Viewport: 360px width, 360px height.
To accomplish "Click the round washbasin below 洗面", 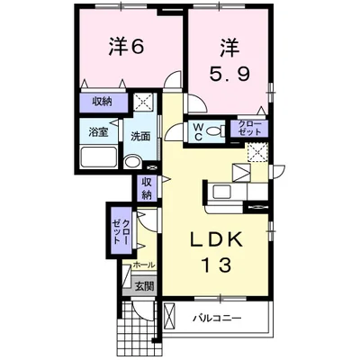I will tap(131, 163).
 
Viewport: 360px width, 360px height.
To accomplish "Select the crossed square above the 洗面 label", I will tap(141, 103).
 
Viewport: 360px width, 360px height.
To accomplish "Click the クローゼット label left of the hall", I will tap(118, 232).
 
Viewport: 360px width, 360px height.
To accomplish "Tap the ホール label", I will tap(141, 265).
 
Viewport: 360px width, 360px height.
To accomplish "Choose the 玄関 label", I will tap(144, 286).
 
